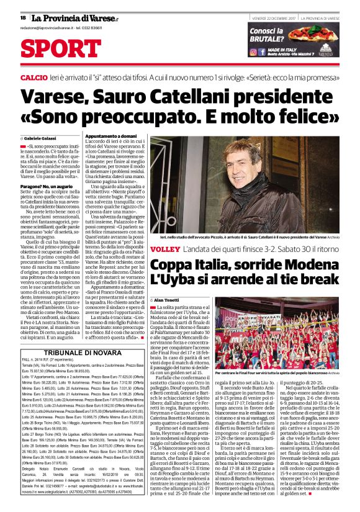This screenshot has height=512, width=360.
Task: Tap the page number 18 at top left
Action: tap(22, 17)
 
